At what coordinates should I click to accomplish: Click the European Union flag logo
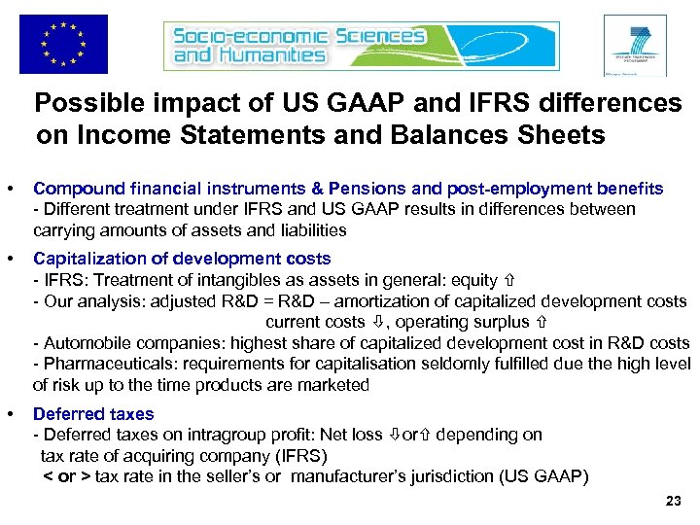(63, 44)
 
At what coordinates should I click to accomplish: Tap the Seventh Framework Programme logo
(635, 45)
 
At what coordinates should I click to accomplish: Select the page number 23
(672, 502)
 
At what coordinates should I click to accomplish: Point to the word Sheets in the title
(558, 135)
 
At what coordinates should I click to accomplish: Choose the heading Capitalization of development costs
(182, 259)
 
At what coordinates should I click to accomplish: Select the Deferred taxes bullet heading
(93, 413)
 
